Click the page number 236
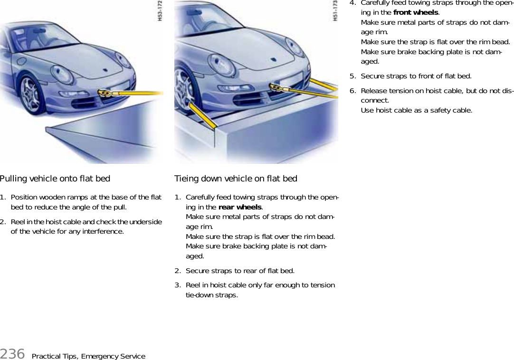point(12,354)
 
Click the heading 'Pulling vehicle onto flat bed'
point(55,179)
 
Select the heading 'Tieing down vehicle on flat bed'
point(236,179)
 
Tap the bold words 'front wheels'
point(416,12)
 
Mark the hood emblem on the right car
point(273,60)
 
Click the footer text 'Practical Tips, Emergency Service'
point(88,356)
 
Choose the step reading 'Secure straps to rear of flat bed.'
point(240,271)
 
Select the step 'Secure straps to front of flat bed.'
point(416,76)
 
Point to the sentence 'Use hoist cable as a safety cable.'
point(417,110)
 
